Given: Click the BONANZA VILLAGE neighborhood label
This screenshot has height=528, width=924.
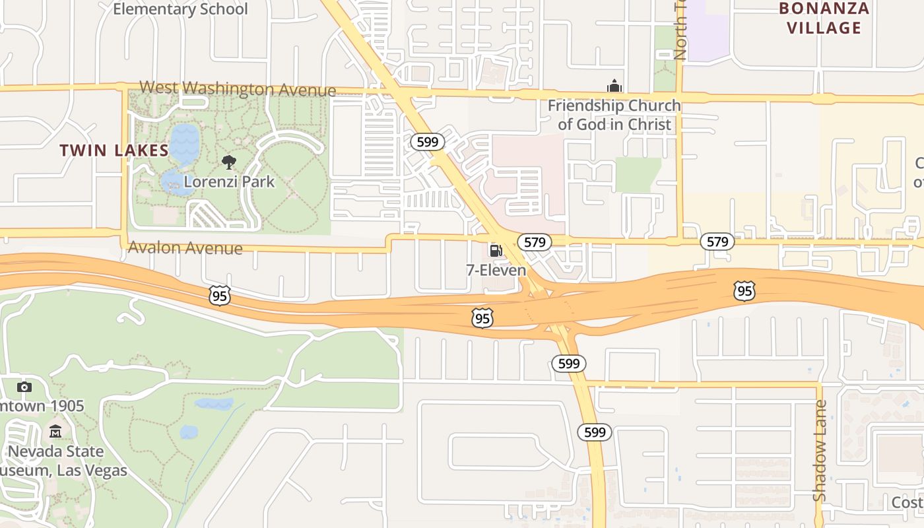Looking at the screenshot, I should tap(824, 18).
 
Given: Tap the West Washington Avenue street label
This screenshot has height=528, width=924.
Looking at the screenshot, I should tap(238, 89).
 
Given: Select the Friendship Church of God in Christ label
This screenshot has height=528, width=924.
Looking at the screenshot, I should tap(614, 115).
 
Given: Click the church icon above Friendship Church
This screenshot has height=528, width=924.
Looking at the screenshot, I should tap(614, 86).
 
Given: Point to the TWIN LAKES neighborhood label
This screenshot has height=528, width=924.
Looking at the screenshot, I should tap(114, 150).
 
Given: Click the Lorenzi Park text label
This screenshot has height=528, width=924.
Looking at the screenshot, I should tap(229, 181).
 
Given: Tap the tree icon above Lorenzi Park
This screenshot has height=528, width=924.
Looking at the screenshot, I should tap(229, 162).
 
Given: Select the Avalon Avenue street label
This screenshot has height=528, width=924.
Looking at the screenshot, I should tap(185, 248).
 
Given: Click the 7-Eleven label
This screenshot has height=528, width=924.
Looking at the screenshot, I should tap(496, 271).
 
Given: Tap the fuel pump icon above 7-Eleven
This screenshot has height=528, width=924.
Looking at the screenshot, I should tap(495, 251).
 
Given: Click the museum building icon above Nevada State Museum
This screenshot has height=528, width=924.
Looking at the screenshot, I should tap(55, 432).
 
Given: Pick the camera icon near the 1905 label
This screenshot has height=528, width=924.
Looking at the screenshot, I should tap(24, 387).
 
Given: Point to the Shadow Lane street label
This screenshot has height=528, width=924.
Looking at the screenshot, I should tap(819, 450).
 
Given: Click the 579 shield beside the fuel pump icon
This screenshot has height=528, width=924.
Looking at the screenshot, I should tap(534, 242).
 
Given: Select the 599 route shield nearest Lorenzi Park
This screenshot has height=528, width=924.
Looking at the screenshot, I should tap(428, 142).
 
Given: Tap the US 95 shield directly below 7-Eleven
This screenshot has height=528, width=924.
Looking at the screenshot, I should tap(482, 318).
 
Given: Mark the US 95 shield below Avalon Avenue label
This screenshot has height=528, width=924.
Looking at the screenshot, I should tap(220, 295).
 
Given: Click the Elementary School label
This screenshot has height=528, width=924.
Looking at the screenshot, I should tap(180, 9).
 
